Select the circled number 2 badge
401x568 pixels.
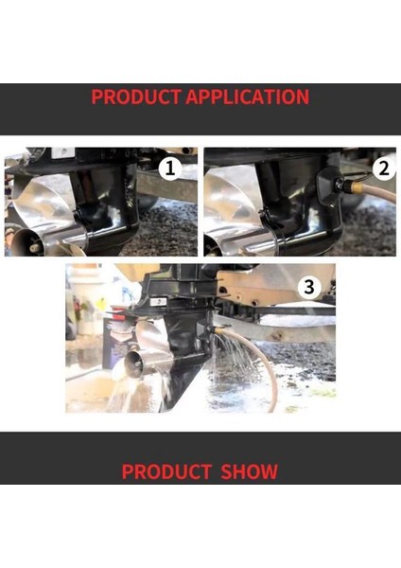pyautogui.click(x=382, y=169)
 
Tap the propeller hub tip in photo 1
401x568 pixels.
pyautogui.click(x=36, y=247)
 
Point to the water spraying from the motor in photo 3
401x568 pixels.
pyautogui.click(x=235, y=360)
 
